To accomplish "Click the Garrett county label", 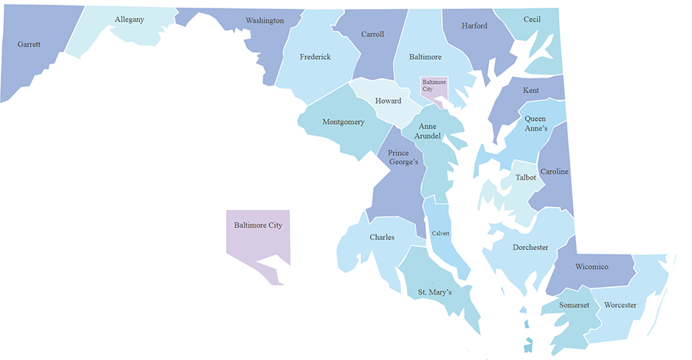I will pos(28,45).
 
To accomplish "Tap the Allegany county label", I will pos(129,19).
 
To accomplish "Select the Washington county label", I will pos(264,21).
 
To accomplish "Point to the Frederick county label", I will pos(315,57).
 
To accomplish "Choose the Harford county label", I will pos(474,26).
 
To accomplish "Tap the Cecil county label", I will pos(532,19).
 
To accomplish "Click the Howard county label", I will pos(388,102).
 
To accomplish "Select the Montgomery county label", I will pos(343,122).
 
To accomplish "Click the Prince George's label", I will pos(403,158).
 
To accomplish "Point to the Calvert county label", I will pos(440,233).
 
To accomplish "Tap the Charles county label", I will pos(381,238).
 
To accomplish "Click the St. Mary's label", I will pos(434,292).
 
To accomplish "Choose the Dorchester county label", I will pos(531,248).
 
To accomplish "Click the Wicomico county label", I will pos(592,267).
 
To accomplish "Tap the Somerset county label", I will pos(574,305).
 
